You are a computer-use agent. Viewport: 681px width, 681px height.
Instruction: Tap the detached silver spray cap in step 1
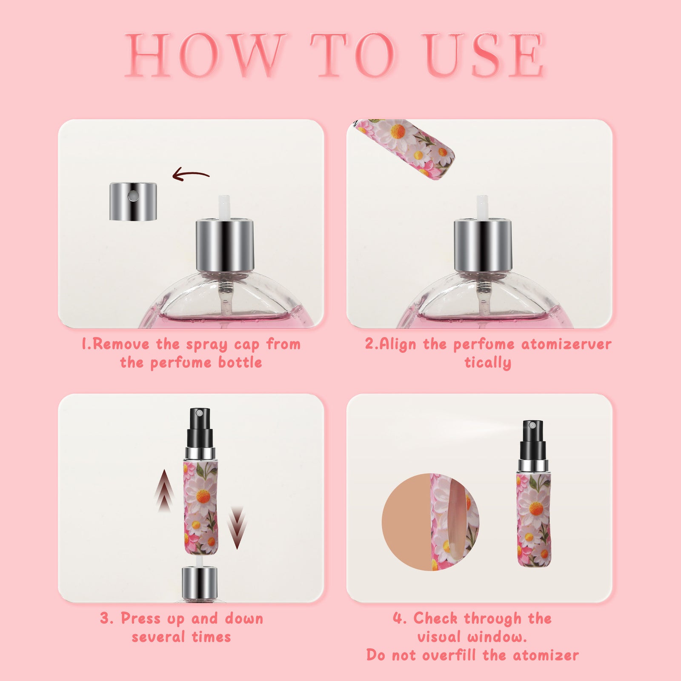pyautogui.click(x=133, y=202)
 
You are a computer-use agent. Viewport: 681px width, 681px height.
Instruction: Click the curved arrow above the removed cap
pyautogui.click(x=190, y=175)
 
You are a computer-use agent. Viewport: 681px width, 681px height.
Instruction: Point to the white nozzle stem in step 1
pyautogui.click(x=224, y=207)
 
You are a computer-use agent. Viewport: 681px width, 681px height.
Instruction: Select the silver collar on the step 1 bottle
pyautogui.click(x=225, y=245)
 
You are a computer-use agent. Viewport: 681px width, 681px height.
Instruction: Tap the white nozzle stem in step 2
pyautogui.click(x=482, y=207)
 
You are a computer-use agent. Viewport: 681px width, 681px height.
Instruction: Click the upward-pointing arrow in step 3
pyautogui.click(x=164, y=489)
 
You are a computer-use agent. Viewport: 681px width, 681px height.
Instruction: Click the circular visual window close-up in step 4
pyautogui.click(x=430, y=522)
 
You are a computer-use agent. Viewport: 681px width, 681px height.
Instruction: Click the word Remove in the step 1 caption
pyautogui.click(x=121, y=344)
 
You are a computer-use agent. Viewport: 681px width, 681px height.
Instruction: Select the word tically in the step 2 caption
pyautogui.click(x=487, y=363)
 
